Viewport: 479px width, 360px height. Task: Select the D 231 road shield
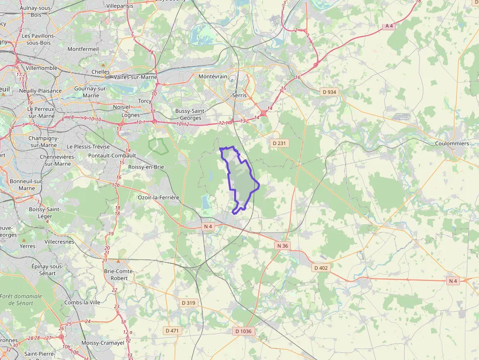pyautogui.click(x=278, y=143)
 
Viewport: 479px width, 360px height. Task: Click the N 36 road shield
pyautogui.click(x=283, y=246)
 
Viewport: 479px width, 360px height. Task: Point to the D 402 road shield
pyautogui.click(x=321, y=268)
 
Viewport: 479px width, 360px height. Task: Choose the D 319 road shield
pyautogui.click(x=188, y=303)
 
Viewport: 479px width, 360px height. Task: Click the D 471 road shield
pyautogui.click(x=172, y=331)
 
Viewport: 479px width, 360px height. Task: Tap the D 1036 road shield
pyautogui.click(x=243, y=331)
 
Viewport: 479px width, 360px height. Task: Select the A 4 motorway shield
pyautogui.click(x=389, y=26)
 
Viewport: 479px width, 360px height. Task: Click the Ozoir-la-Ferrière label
pyautogui.click(x=159, y=197)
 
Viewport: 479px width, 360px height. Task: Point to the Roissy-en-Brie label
pyautogui.click(x=146, y=167)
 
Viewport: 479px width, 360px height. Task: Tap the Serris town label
pyautogui.click(x=240, y=95)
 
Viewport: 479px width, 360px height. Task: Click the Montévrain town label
pyautogui.click(x=213, y=77)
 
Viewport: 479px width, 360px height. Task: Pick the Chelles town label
pyautogui.click(x=101, y=72)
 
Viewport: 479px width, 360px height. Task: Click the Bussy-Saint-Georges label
pyautogui.click(x=188, y=114)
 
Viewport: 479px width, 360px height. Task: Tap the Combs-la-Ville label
pyautogui.click(x=82, y=302)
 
